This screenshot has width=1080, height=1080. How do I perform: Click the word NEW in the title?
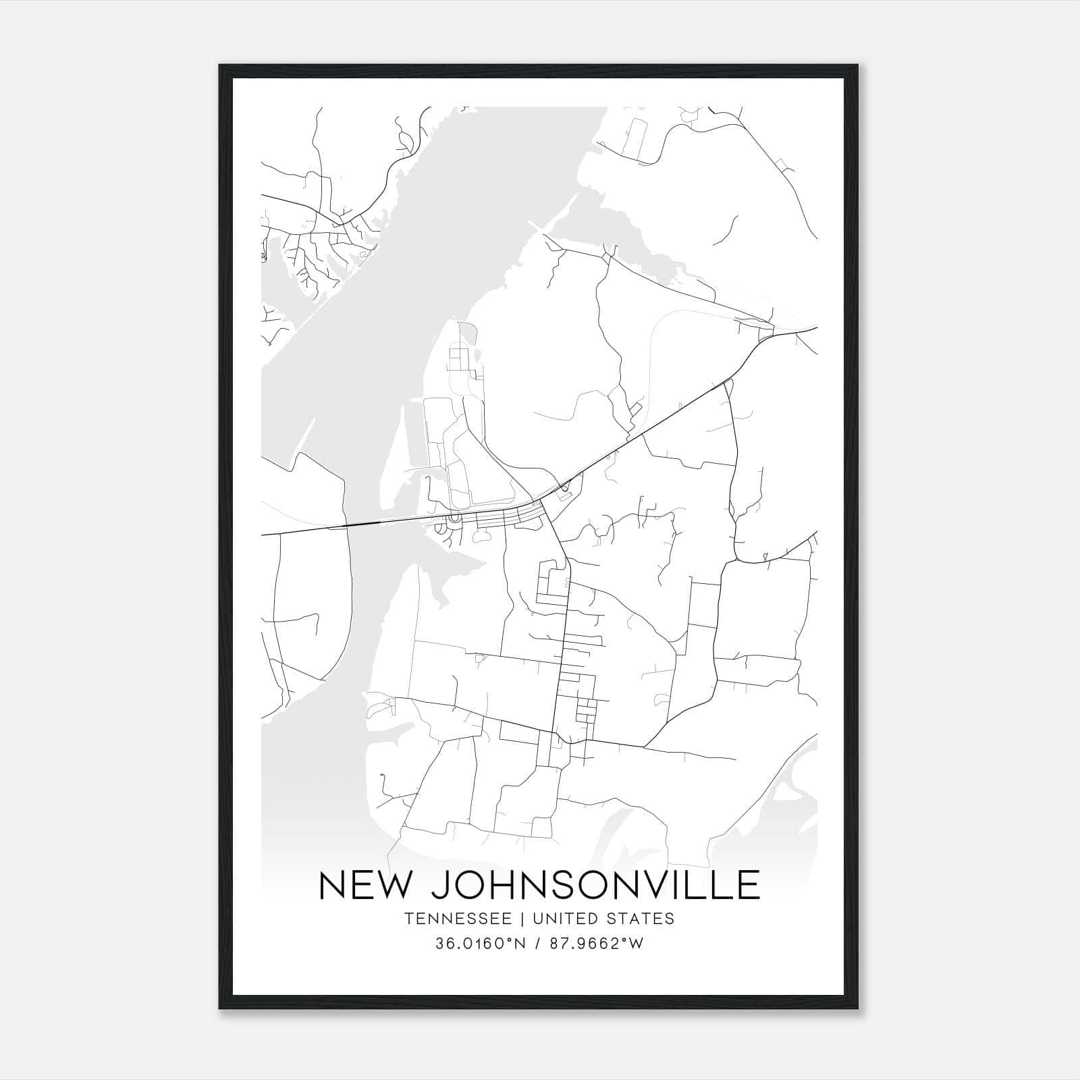click(364, 885)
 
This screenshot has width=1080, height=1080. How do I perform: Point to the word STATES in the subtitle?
click(641, 919)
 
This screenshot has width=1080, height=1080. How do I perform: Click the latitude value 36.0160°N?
click(480, 944)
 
